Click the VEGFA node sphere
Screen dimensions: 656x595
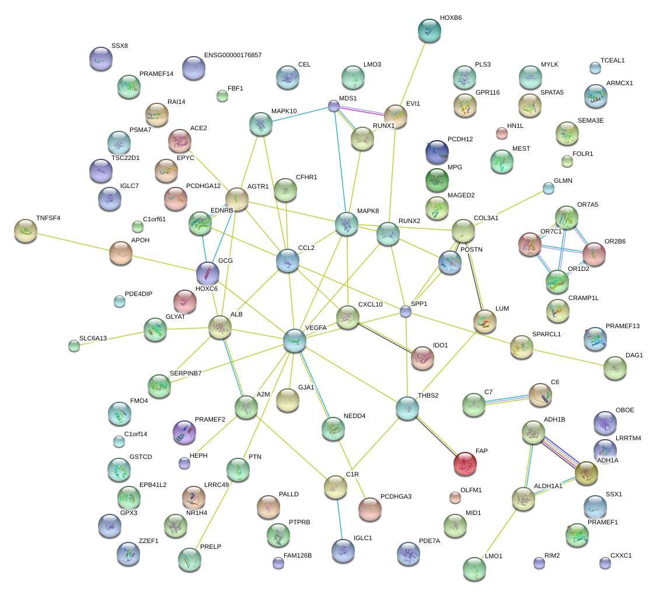(x=294, y=340)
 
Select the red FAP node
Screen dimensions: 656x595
(x=465, y=463)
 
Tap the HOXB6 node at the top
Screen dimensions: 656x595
(x=430, y=30)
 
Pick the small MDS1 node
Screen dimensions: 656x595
(x=333, y=106)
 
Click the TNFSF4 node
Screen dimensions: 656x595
(x=25, y=231)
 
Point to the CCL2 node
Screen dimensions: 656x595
(x=287, y=260)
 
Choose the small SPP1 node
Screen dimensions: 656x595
(x=406, y=312)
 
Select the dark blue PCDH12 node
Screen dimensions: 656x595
(x=437, y=151)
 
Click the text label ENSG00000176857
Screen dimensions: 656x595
(x=233, y=55)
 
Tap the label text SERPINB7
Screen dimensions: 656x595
(x=186, y=373)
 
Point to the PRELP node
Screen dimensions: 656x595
(x=189, y=559)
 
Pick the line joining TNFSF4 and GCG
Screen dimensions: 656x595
(x=117, y=251)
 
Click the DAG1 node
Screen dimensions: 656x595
(x=615, y=367)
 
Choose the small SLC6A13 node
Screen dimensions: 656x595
(x=74, y=345)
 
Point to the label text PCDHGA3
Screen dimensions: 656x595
(x=396, y=496)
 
